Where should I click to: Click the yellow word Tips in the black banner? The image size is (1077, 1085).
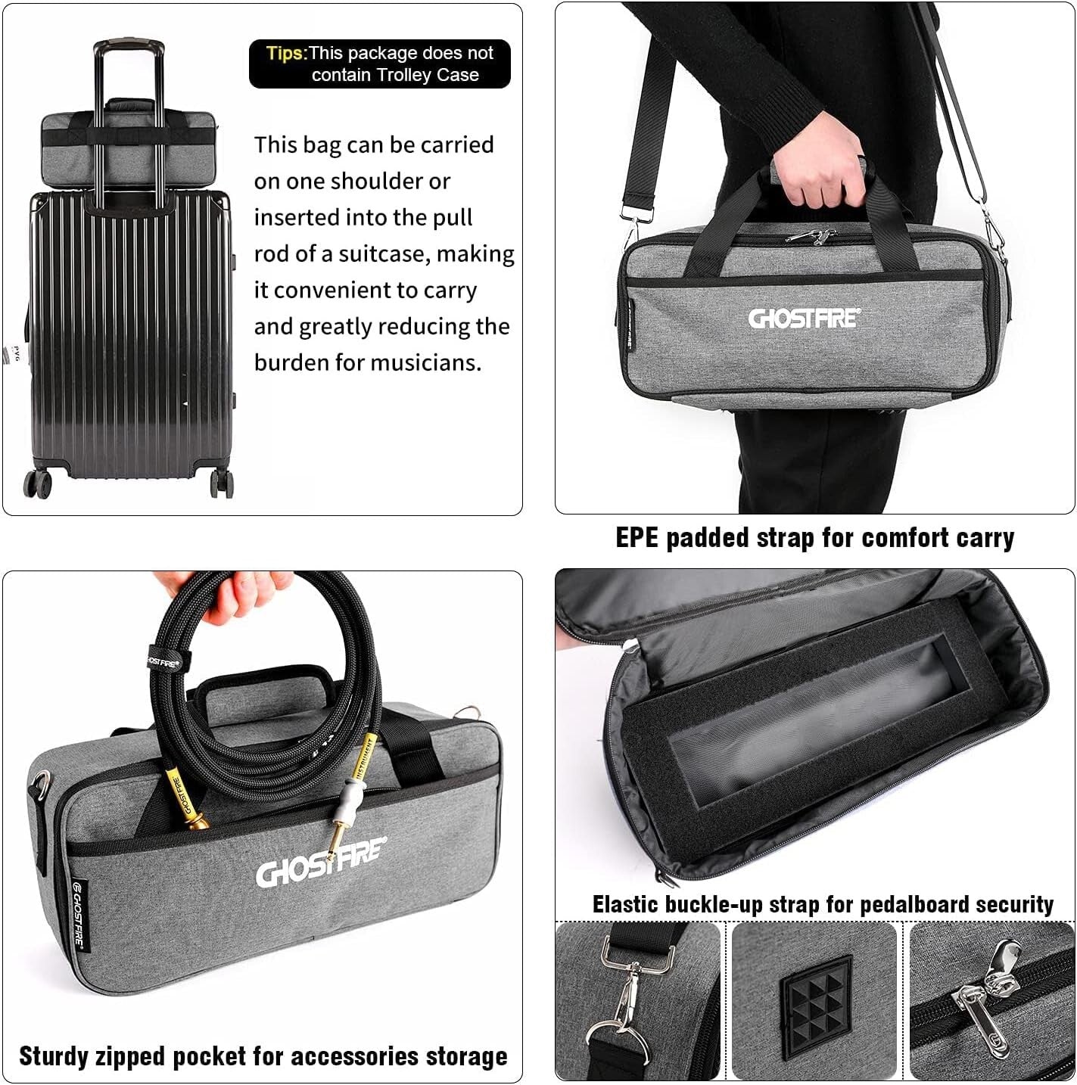(x=285, y=53)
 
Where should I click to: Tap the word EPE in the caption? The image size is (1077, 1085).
(x=637, y=538)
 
